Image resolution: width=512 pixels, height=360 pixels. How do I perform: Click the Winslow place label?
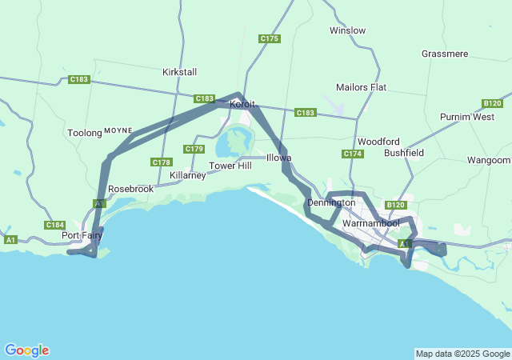[347, 30]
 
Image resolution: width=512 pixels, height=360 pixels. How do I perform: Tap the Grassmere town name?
[444, 54]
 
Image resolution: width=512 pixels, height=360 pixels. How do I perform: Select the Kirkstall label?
[179, 72]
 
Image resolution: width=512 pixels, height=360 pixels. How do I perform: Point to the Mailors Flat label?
[362, 86]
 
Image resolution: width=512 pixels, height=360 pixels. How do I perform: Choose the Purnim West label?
[467, 117]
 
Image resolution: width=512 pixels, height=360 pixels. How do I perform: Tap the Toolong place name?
[85, 133]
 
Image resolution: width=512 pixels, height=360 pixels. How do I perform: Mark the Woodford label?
[378, 141]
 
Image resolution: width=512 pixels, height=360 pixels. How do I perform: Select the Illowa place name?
[278, 158]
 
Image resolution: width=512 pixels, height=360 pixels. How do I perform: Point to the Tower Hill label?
[230, 166]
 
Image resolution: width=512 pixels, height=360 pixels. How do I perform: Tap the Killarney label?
[188, 175]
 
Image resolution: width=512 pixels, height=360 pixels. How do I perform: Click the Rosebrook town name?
[130, 189]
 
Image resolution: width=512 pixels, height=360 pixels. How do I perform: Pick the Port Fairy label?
[82, 235]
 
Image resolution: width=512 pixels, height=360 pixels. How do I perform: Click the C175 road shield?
[270, 38]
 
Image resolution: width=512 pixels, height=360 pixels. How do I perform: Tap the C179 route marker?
[194, 149]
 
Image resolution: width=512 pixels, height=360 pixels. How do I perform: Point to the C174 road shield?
[353, 154]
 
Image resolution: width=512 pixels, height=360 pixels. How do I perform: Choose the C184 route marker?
[55, 225]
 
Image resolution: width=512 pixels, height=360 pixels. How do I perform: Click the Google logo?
[26, 350]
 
